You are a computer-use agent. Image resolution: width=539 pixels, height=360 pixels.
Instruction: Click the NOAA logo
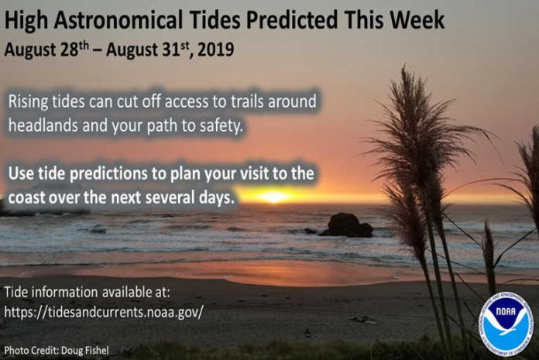[505, 324]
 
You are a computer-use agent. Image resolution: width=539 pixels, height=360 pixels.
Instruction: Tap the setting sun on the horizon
[274, 197]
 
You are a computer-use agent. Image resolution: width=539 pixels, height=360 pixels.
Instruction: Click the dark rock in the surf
[346, 225]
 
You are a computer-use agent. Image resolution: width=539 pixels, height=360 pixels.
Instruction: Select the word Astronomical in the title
[118, 20]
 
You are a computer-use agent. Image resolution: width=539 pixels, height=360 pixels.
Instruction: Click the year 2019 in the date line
[216, 50]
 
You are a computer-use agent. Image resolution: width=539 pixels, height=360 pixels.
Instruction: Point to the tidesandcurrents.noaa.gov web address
[104, 312]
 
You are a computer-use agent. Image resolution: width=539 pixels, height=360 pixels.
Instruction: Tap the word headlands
[43, 125]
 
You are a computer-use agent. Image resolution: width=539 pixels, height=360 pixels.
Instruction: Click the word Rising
[28, 102]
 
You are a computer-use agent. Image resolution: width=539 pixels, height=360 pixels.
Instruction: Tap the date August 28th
[46, 50]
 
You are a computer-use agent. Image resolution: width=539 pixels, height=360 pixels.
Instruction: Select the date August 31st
[148, 50]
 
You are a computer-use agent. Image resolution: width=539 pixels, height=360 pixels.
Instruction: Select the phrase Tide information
[51, 293]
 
